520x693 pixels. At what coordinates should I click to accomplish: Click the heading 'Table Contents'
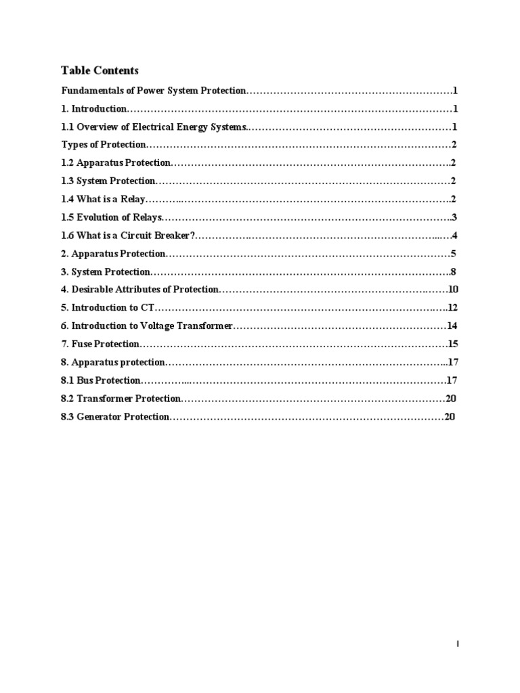[x=100, y=70]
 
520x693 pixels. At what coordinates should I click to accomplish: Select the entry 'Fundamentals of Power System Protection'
[x=155, y=91]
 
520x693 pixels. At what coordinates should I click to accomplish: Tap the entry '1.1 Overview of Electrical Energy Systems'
[x=155, y=127]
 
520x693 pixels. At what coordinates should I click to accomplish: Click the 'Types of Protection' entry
[x=104, y=145]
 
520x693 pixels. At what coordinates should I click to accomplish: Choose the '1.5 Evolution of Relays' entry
[x=112, y=217]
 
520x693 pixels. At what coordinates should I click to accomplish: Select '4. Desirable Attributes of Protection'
[x=140, y=290]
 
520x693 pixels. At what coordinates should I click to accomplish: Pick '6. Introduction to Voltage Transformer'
[x=147, y=326]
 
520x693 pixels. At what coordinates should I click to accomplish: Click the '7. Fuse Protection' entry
[x=100, y=344]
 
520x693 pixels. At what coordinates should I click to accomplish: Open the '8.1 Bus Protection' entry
[x=101, y=380]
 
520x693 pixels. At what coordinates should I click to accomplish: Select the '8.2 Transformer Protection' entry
[x=121, y=399]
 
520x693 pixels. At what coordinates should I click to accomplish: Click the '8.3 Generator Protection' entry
[x=115, y=417]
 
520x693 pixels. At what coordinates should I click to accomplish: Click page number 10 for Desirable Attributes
[x=454, y=290]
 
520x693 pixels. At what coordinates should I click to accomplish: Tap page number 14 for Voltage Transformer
[x=452, y=326]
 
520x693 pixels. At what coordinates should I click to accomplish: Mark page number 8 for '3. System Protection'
[x=454, y=272]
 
